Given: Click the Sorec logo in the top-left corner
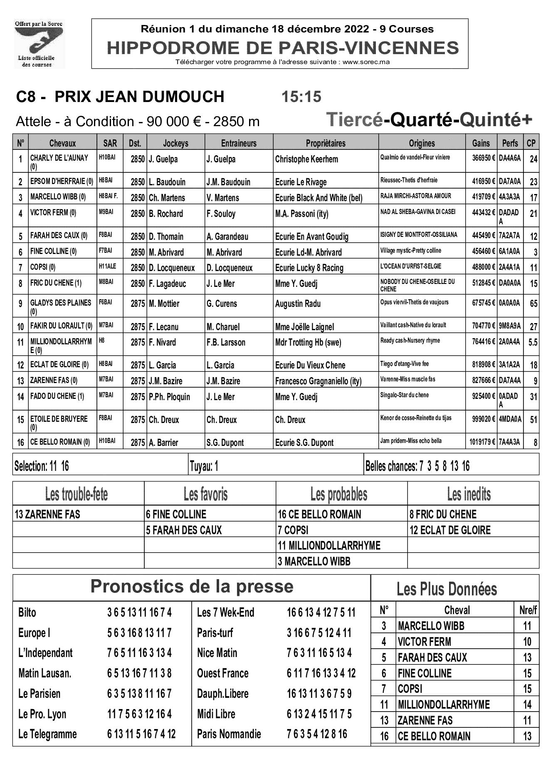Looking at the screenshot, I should (39, 44).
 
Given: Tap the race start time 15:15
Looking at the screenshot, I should (301, 97).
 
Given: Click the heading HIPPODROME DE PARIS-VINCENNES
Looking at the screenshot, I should (283, 48).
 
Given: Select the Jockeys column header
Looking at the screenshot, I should (175, 143).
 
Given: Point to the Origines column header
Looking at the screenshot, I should (422, 143).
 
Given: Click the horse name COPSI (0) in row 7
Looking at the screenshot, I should (43, 267).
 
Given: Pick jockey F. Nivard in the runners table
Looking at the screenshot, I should (163, 343).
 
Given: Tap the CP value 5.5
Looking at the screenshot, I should (533, 343).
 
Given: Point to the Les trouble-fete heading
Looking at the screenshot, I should (77, 495).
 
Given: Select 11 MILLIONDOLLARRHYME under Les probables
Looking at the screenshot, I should (329, 545).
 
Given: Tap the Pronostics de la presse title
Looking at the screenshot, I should (192, 587).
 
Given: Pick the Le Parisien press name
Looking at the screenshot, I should (39, 694).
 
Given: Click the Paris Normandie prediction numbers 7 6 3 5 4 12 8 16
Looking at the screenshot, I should (317, 734).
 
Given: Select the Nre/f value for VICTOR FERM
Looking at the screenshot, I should (527, 642).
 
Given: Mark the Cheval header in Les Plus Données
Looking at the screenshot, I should (457, 610).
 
